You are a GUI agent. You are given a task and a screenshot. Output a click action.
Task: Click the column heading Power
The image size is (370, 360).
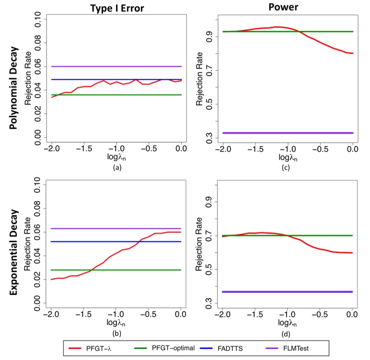pyautogui.click(x=288, y=8)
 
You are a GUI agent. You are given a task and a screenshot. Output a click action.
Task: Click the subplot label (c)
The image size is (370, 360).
pyautogui.click(x=288, y=167)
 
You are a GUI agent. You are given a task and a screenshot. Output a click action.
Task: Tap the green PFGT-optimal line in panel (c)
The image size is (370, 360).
pyautogui.click(x=326, y=31)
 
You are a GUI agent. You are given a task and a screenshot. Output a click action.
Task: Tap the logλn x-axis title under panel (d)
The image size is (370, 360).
pyautogui.click(x=288, y=324)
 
